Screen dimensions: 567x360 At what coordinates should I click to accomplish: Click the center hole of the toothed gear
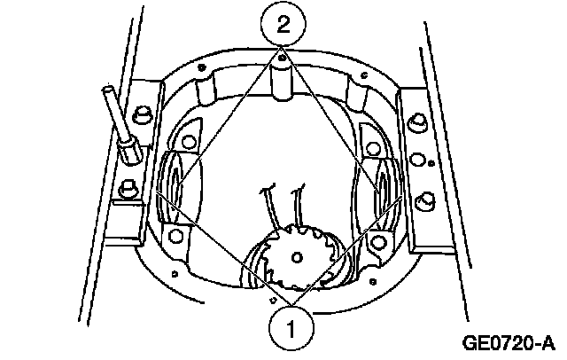pos(295,256)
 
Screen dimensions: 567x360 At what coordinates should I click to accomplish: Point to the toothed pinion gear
pos(295,256)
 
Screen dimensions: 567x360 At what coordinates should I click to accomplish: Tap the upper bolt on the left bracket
pos(140,115)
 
